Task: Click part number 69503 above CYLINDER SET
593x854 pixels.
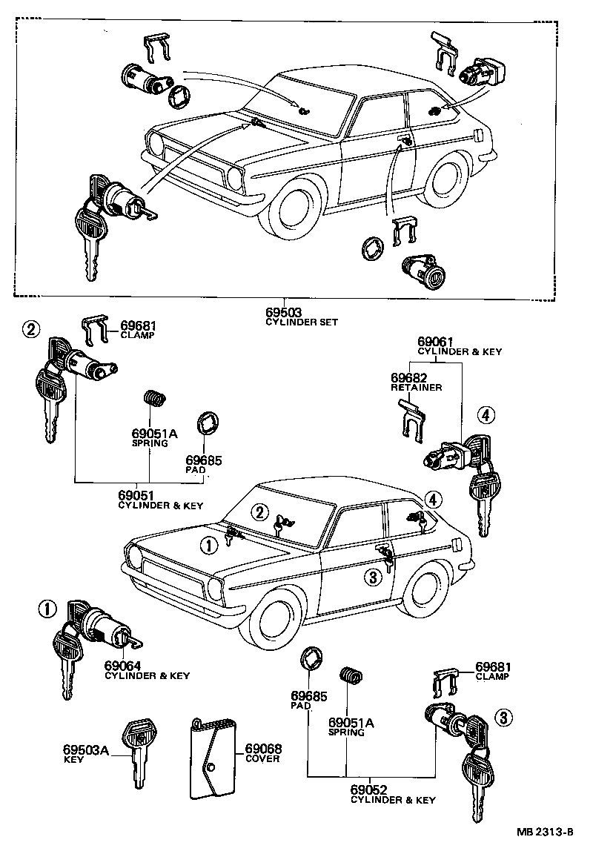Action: tap(283, 313)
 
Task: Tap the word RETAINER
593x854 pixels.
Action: tap(416, 387)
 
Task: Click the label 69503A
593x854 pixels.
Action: tap(86, 750)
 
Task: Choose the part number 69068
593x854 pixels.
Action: tap(262, 749)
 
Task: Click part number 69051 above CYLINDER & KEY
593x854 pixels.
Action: tap(136, 495)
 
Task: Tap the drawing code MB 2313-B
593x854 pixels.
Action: tap(546, 832)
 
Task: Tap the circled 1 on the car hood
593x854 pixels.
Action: tap(209, 545)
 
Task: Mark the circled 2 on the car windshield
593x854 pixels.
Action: tap(259, 512)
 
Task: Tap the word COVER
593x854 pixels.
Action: tap(262, 759)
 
